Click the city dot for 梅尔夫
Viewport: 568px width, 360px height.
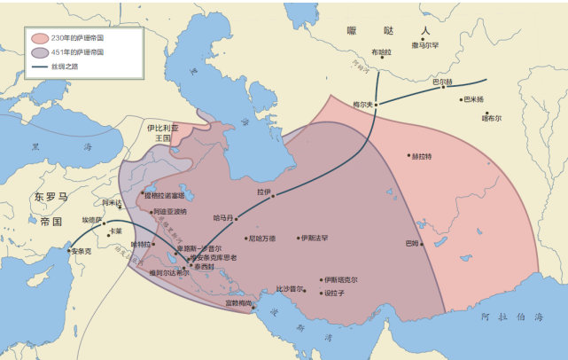tap(376, 105)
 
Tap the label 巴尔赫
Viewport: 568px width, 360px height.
tap(442, 82)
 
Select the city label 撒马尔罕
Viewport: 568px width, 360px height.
tap(425, 44)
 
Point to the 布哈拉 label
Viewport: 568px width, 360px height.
tap(380, 52)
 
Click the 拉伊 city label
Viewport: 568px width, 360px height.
tap(262, 191)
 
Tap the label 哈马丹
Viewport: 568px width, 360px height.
tap(223, 217)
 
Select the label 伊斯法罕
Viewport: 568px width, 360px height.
tap(315, 238)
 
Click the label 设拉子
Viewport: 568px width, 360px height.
tap(334, 293)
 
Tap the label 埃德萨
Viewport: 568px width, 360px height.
tap(92, 220)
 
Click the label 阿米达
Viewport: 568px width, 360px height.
tap(112, 203)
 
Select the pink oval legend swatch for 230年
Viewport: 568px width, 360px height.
tap(39, 38)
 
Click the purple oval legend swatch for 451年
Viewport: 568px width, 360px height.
tap(39, 52)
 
